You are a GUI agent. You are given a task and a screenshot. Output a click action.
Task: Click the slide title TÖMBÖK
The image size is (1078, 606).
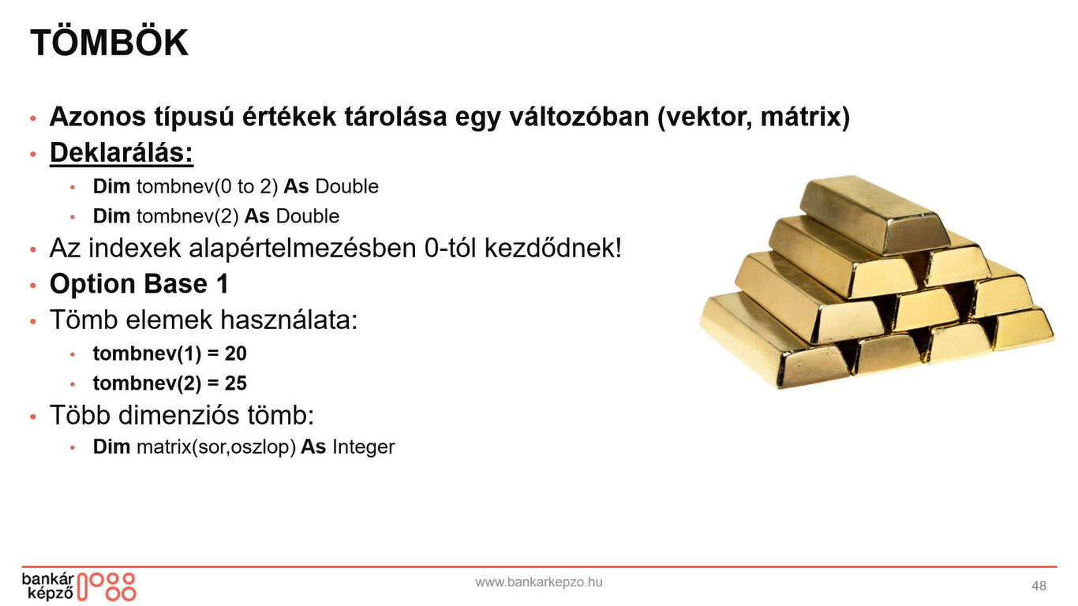pyautogui.click(x=109, y=43)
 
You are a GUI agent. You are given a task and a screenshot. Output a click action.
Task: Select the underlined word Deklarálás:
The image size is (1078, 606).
pyautogui.click(x=122, y=153)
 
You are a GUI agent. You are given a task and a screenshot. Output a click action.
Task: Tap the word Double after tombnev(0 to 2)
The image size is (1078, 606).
pyautogui.click(x=347, y=187)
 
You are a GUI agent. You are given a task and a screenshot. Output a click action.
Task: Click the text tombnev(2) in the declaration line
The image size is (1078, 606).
pyautogui.click(x=188, y=217)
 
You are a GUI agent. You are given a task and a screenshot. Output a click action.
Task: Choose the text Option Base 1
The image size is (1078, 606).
pyautogui.click(x=139, y=283)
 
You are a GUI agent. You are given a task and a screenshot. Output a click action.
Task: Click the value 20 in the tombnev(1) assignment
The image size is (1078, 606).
pyautogui.click(x=236, y=353)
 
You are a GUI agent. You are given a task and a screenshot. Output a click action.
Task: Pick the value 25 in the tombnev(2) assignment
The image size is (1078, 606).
pyautogui.click(x=236, y=383)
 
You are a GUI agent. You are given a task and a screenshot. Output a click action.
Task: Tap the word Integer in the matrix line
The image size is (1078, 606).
pyautogui.click(x=363, y=447)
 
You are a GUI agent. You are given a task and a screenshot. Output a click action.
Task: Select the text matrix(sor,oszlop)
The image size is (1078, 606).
pyautogui.click(x=216, y=447)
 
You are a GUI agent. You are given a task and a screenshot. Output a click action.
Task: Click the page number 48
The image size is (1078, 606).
pyautogui.click(x=1039, y=585)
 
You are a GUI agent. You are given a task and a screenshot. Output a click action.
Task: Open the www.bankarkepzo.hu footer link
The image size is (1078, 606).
pyautogui.click(x=539, y=582)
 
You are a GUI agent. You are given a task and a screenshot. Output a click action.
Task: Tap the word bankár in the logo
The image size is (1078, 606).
pyautogui.click(x=48, y=579)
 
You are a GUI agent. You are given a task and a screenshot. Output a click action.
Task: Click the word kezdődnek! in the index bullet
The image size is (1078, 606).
pyautogui.click(x=553, y=249)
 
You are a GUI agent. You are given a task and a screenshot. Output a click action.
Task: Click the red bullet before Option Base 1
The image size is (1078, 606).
pyautogui.click(x=32, y=285)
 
